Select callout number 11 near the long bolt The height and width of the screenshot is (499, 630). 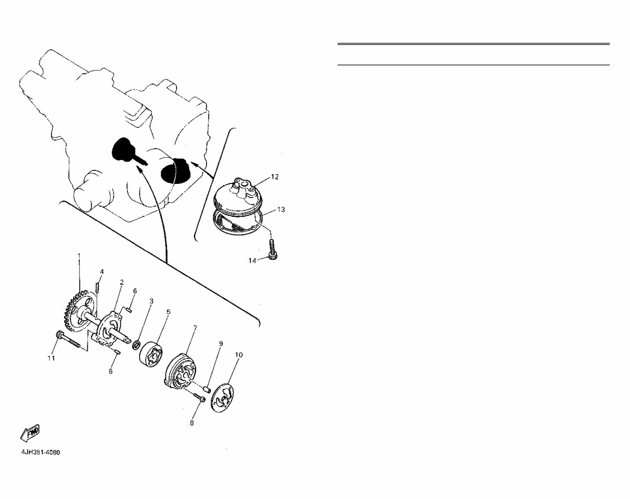[51, 359]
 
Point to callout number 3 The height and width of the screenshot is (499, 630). [151, 301]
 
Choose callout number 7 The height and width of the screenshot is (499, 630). [195, 327]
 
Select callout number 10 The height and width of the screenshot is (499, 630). [238, 355]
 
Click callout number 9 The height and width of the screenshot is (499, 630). [221, 343]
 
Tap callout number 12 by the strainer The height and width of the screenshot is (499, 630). [274, 176]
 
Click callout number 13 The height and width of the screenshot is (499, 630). [281, 210]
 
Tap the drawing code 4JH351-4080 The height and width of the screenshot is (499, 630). [41, 452]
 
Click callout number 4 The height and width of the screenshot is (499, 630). [102, 272]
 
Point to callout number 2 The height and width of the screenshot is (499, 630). [122, 282]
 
